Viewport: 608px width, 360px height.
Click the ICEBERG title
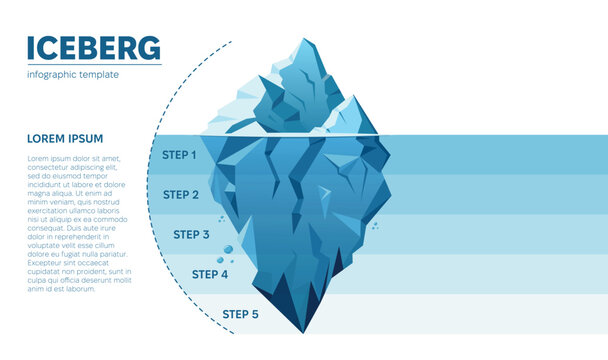point(93,47)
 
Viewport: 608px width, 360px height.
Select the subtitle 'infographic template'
point(73,74)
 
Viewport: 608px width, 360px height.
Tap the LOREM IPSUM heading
point(65,138)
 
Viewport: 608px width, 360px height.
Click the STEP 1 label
point(179,155)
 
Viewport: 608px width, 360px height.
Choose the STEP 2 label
point(181,195)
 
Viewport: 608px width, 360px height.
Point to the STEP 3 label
point(191,235)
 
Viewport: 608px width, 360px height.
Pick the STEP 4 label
point(210,274)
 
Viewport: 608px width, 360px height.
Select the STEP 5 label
point(240,314)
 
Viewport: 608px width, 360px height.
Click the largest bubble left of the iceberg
point(228,249)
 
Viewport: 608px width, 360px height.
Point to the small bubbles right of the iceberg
point(374,227)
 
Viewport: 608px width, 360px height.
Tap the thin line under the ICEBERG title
point(93,65)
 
